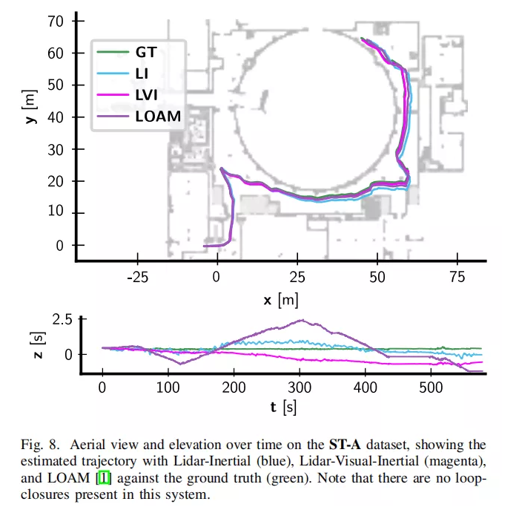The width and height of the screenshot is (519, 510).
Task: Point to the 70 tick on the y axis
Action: point(57,21)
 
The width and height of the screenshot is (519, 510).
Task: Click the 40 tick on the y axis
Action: point(57,117)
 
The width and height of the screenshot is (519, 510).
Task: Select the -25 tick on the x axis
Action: point(137,278)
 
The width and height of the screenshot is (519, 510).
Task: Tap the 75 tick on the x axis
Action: point(458,278)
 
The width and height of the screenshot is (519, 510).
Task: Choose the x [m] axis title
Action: point(280,300)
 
